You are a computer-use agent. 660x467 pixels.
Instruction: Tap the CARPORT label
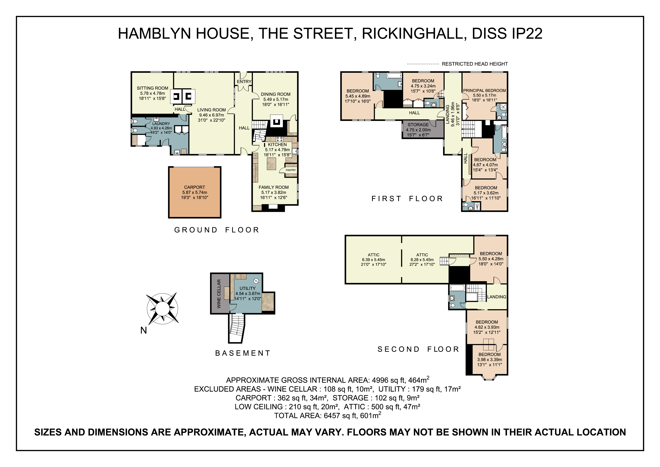[x=195, y=187]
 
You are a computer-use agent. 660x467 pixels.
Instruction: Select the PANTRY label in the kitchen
[x=291, y=170]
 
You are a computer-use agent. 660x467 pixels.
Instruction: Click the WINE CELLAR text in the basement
[x=219, y=294]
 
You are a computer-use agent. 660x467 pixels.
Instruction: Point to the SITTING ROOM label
[x=152, y=88]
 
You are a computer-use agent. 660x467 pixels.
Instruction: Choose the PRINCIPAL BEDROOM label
[x=484, y=90]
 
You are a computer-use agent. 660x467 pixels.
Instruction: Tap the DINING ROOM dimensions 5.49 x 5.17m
[x=276, y=99]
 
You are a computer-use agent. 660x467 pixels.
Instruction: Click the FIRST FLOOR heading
[x=407, y=199]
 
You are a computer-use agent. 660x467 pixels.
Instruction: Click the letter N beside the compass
[x=143, y=330]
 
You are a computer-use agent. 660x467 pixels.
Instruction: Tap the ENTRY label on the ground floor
[x=244, y=81]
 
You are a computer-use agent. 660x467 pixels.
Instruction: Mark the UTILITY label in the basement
[x=248, y=288]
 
